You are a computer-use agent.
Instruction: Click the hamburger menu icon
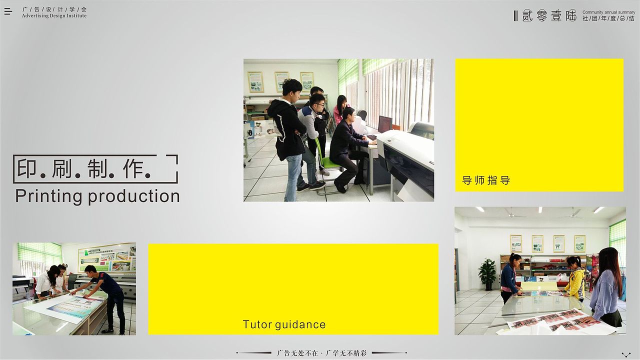(8, 11)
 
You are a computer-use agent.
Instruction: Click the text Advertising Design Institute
(54, 16)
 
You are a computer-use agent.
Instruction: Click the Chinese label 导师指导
(486, 180)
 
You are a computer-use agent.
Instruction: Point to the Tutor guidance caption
(284, 324)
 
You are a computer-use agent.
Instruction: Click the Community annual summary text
(608, 12)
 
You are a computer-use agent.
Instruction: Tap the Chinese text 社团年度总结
(608, 18)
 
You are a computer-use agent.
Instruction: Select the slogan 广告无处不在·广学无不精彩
(322, 353)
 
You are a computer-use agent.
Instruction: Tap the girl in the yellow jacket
(575, 278)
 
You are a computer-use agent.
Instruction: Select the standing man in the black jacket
(289, 135)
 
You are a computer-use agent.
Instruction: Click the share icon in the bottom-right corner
(625, 354)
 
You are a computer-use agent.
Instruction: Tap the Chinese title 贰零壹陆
(549, 15)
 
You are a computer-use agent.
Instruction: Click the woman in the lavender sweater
(606, 290)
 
